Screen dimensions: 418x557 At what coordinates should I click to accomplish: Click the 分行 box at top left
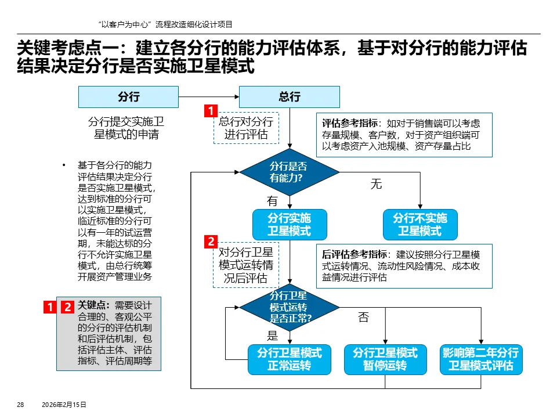click(x=128, y=97)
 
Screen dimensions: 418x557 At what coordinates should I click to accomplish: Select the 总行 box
click(x=290, y=97)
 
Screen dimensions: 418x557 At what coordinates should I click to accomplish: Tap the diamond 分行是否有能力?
click(x=289, y=172)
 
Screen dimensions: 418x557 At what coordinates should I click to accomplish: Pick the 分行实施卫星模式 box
click(x=289, y=225)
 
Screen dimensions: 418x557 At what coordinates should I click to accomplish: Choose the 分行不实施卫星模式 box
click(x=419, y=225)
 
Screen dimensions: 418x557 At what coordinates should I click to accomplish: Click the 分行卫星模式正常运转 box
click(x=289, y=359)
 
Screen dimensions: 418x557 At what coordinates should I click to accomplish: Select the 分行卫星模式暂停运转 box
click(x=385, y=359)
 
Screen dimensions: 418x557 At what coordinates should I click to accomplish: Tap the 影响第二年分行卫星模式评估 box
click(x=481, y=359)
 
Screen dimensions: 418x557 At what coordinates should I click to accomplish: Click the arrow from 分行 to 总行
click(x=208, y=97)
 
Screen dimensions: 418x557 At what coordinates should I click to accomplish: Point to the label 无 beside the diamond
click(x=376, y=185)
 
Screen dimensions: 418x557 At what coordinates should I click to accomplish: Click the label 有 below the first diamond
click(x=272, y=201)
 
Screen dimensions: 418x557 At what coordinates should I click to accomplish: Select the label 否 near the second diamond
click(x=363, y=317)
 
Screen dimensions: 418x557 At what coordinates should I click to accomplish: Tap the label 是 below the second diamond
click(x=272, y=335)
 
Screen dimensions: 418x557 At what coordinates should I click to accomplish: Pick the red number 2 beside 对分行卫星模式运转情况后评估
click(x=211, y=242)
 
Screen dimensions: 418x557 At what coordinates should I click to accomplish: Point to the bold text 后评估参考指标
click(x=355, y=254)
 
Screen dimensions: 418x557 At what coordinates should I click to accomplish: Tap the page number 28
click(x=20, y=405)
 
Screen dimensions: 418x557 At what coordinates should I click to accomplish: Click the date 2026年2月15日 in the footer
click(x=64, y=405)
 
